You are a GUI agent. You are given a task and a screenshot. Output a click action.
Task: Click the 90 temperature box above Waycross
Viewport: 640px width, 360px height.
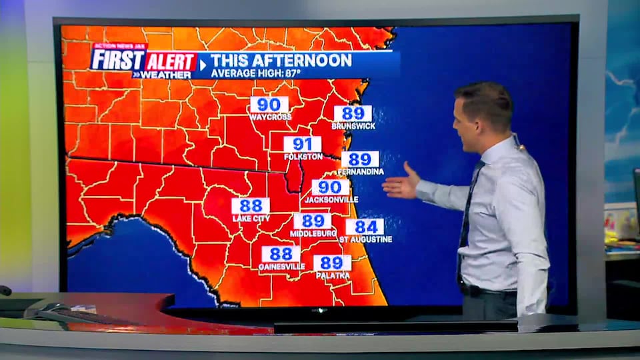pos(269,105)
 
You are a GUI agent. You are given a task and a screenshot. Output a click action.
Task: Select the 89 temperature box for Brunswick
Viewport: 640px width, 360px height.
pos(353,113)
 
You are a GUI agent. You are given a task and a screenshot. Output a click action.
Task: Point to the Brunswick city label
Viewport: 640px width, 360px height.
pos(353,126)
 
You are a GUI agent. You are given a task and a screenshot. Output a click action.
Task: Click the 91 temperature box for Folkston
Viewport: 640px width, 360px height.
pos(302,145)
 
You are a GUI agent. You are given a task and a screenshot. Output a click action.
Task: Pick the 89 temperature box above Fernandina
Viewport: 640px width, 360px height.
pos(360,159)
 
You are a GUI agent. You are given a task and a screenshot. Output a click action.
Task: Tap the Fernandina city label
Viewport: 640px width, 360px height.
pos(360,172)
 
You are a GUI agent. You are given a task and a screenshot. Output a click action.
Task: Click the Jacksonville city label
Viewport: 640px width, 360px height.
pos(331,199)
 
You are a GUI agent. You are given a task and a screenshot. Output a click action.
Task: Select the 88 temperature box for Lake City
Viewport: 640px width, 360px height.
pos(251,206)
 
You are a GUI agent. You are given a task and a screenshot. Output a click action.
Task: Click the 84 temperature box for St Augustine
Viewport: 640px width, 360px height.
pos(365,227)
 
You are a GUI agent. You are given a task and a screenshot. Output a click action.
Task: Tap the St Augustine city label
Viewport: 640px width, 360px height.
pos(365,239)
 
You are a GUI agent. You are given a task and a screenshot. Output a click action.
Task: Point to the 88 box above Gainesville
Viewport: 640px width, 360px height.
pos(281,254)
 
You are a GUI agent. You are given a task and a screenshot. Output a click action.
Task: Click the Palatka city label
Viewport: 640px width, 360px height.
pos(332,275)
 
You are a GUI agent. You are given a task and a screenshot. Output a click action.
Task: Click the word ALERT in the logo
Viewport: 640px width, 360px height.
pos(171,62)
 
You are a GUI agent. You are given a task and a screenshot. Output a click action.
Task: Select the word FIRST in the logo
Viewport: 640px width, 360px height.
pos(118,60)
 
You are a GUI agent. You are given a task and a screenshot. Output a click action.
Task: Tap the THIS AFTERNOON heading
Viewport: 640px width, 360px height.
pos(281,61)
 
